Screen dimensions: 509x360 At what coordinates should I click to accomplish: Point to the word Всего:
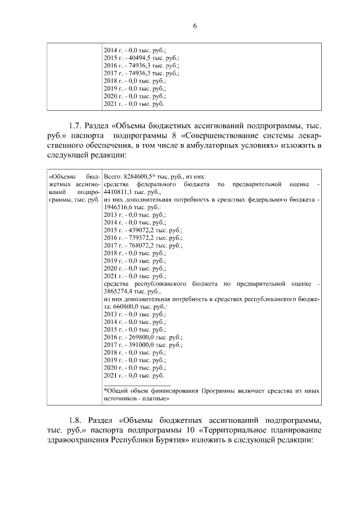114,176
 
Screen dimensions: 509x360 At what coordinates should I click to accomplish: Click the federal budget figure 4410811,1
120,192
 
